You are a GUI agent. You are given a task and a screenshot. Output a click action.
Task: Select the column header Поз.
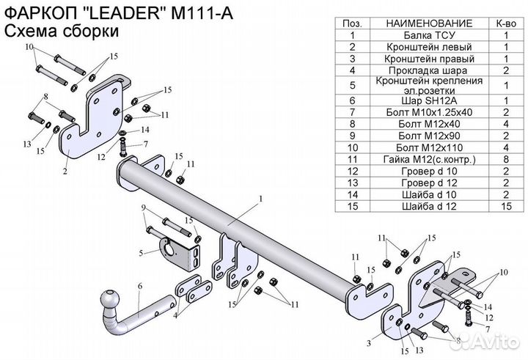pos(352,23)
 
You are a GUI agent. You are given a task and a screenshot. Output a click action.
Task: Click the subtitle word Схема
pos(29,31)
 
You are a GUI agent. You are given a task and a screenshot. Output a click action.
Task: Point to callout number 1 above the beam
pos(260,199)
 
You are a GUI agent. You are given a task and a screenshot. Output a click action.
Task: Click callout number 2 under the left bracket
pos(65,172)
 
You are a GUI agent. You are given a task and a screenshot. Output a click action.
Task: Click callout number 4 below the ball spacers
pos(176,317)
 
